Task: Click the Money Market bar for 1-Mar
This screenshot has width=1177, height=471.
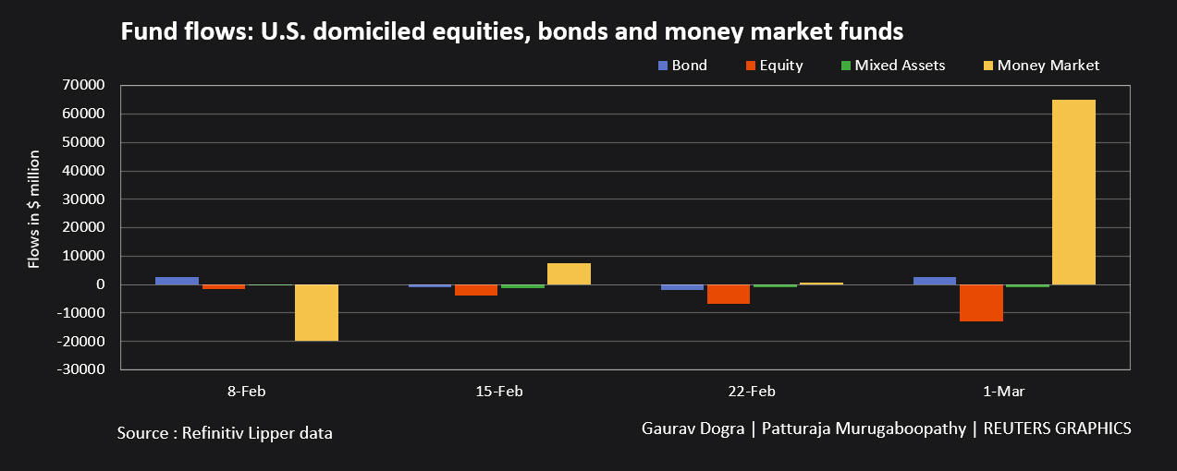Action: coord(1073,192)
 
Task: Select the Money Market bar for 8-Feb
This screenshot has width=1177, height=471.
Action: coord(316,312)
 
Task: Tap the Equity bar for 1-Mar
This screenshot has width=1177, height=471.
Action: coord(981,303)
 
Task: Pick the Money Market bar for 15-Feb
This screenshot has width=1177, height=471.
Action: coord(569,273)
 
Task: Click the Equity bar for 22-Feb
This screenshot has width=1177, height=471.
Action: coord(729,294)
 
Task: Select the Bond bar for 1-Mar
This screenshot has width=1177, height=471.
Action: coord(935,281)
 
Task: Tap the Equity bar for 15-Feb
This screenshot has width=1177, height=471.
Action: coord(476,290)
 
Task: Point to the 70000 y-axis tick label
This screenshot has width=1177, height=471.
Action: coord(84,86)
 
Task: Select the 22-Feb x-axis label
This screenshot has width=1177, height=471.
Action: coord(751,392)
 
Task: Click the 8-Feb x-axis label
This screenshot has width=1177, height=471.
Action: coord(247,392)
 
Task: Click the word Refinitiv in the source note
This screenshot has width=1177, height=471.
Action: coord(215,432)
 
